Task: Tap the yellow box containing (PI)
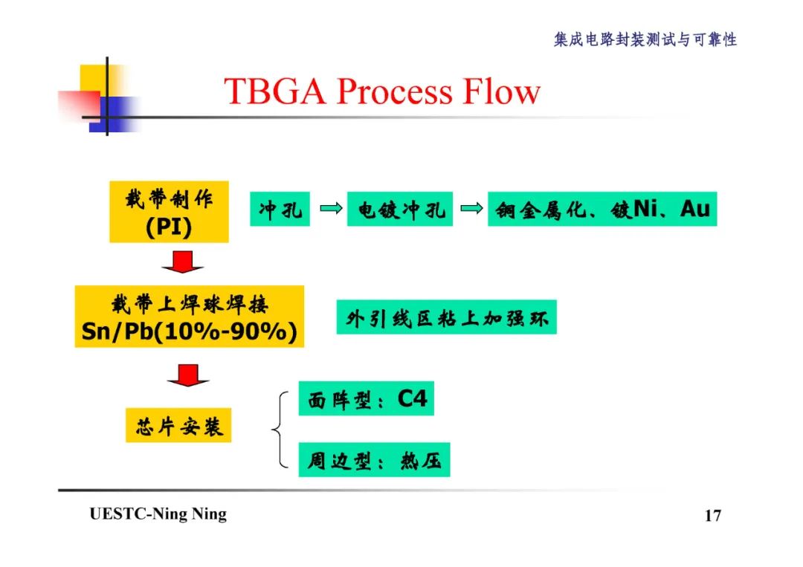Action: click(x=169, y=212)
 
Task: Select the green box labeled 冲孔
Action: click(x=280, y=210)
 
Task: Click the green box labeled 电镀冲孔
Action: click(x=400, y=210)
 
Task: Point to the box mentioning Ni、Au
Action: click(x=602, y=210)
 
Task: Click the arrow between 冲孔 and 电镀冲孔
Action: click(x=329, y=210)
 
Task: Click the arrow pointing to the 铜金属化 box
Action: click(x=471, y=210)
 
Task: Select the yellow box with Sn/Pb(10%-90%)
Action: click(x=190, y=317)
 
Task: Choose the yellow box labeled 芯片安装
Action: click(x=178, y=425)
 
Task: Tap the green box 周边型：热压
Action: click(x=374, y=461)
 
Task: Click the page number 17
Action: click(x=712, y=516)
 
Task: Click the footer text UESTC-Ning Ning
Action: click(x=158, y=514)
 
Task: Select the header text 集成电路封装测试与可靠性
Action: click(x=645, y=40)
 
